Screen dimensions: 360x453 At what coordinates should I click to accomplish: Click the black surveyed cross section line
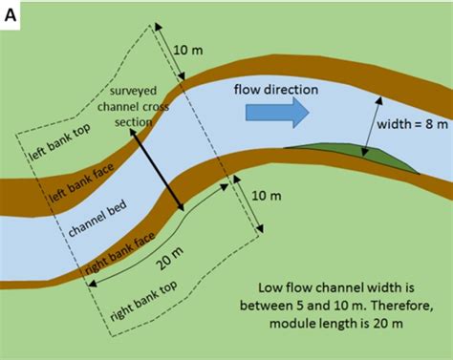[155, 172]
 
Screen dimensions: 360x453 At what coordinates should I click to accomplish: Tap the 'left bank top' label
[52, 142]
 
